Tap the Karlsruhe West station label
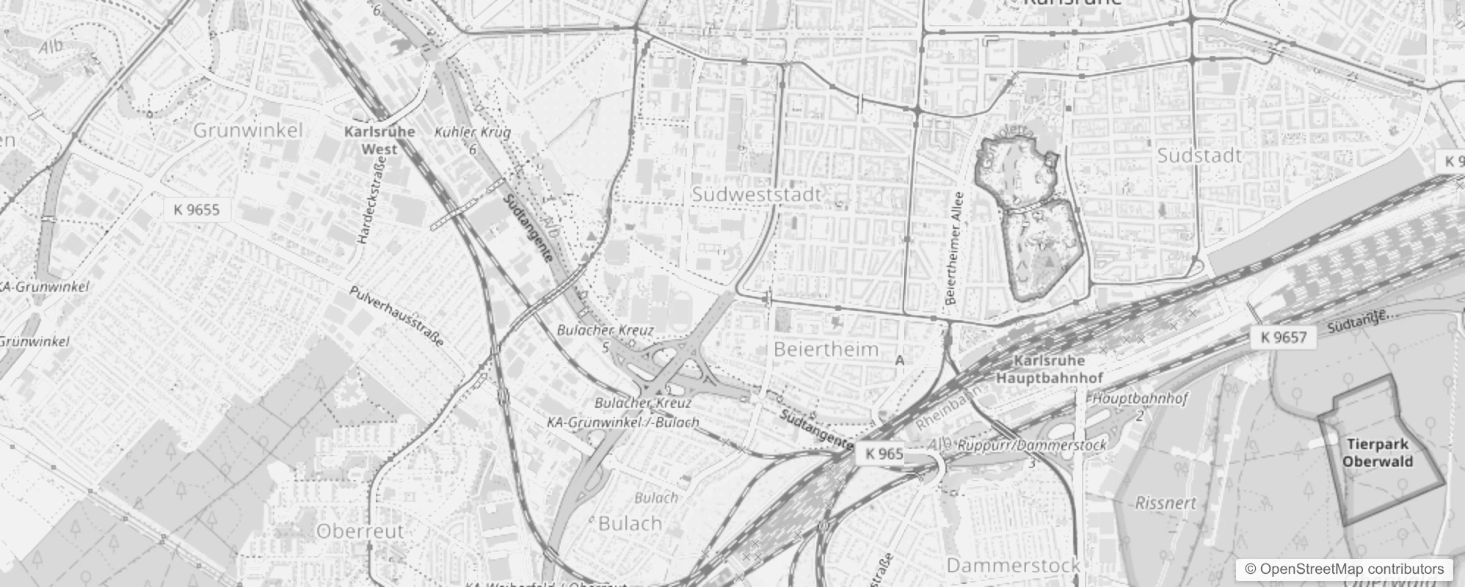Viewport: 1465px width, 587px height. coord(379,140)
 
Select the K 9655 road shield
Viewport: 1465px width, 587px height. coord(197,210)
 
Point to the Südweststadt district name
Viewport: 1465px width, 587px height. coord(757,195)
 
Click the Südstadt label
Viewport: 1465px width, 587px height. coord(1199,156)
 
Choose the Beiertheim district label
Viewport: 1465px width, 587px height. coord(826,349)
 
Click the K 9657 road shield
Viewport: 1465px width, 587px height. coord(1284,338)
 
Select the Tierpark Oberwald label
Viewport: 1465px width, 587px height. coord(1378,453)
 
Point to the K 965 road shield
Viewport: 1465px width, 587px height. coord(884,453)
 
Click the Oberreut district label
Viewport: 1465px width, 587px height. coord(360,531)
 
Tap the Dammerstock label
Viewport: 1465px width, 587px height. coord(1013,565)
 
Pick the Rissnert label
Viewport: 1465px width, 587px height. coord(1166,503)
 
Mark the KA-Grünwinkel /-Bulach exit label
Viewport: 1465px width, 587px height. coord(622,423)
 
